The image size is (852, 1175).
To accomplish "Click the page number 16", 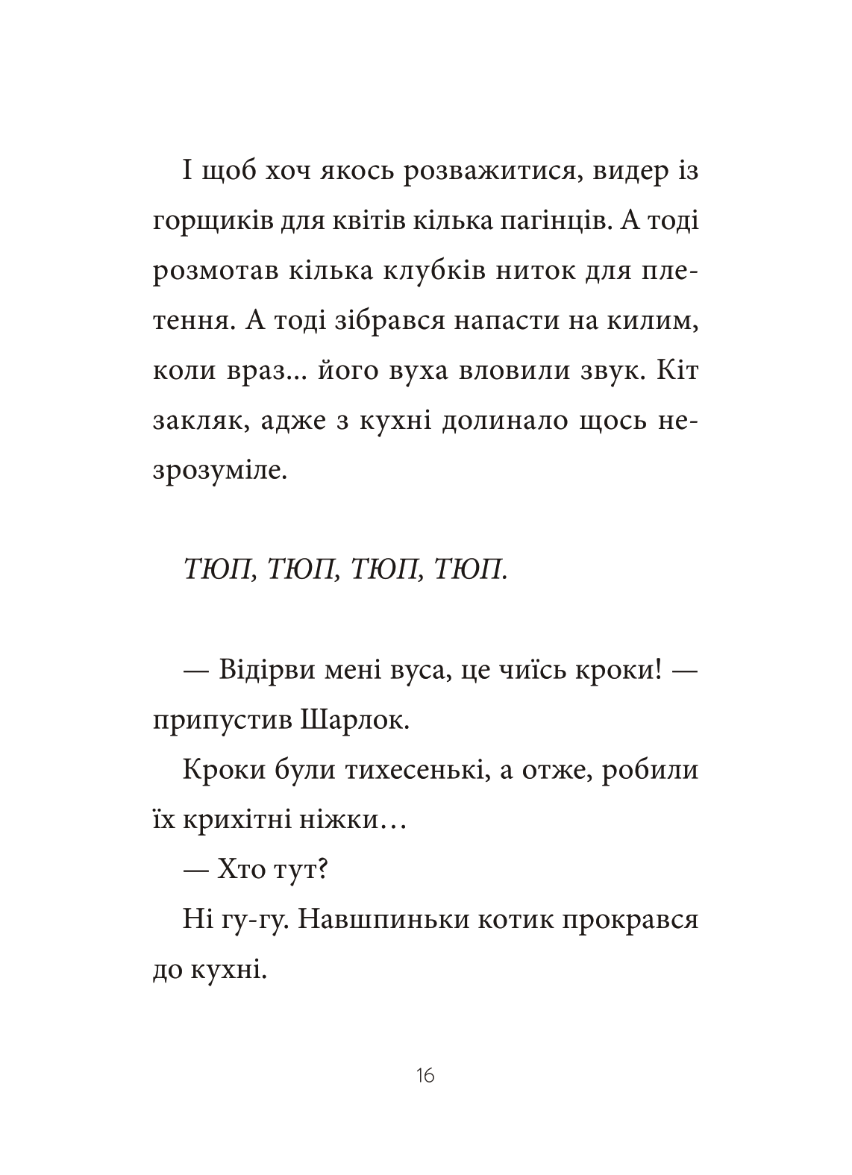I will (x=425, y=1075).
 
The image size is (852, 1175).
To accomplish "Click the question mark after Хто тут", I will (x=325, y=869).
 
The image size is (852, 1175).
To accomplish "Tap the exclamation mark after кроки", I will (x=658, y=671).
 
